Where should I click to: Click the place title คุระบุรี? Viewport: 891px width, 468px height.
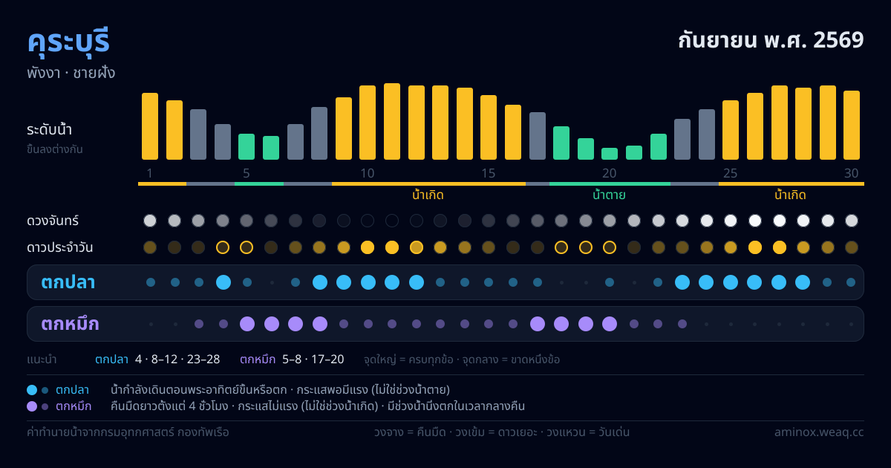(68, 42)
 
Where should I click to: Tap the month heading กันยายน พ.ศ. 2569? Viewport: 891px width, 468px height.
(771, 40)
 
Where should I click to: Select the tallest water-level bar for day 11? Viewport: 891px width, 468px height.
(392, 121)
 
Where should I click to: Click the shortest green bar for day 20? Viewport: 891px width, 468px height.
(610, 154)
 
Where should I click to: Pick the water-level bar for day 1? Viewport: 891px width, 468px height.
(150, 126)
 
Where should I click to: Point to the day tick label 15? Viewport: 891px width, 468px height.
(488, 173)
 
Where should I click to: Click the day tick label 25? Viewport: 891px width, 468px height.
(730, 173)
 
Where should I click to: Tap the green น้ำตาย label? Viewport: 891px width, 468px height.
(609, 195)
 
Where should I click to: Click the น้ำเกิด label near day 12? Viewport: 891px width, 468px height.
(428, 195)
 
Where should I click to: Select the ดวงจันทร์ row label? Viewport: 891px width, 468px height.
(53, 221)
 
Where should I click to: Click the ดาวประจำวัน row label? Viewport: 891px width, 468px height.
(59, 247)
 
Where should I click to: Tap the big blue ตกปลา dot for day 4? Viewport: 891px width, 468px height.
(223, 282)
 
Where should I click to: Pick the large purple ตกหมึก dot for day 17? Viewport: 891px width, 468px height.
(538, 324)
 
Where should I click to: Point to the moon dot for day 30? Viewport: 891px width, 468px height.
(851, 221)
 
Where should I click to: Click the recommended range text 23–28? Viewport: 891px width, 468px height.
(203, 360)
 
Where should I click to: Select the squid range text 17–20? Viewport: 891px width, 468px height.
(327, 360)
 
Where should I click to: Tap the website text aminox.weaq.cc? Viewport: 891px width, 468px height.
(819, 432)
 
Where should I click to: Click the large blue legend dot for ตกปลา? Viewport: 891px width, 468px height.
(32, 390)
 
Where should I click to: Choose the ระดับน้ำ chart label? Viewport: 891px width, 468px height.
(49, 130)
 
